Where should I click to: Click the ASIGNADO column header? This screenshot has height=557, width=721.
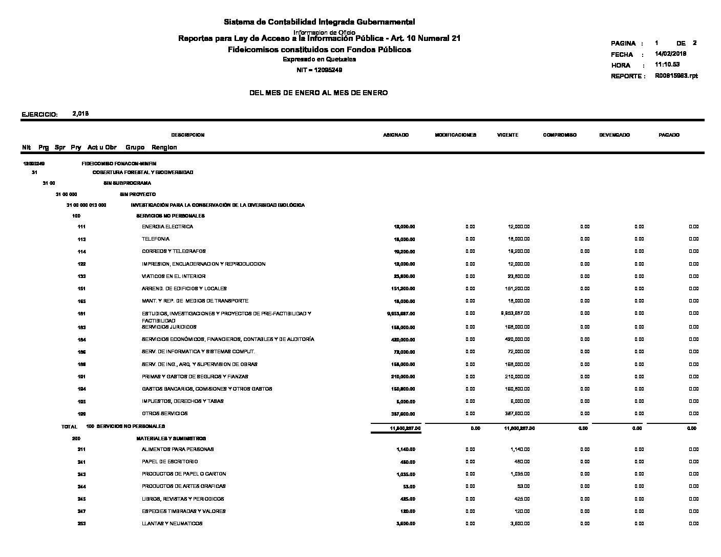tap(396, 135)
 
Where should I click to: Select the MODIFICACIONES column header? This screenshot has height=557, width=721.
tap(455, 135)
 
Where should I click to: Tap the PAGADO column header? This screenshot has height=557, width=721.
tap(669, 135)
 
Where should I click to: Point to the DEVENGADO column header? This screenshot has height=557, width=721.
tap(614, 135)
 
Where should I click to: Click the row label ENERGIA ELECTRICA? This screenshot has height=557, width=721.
tap(167, 227)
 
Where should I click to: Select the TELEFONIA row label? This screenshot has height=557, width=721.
tap(156, 239)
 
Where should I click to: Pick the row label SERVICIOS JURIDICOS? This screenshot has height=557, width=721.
tap(169, 327)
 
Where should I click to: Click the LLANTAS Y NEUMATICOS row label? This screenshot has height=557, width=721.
tap(172, 524)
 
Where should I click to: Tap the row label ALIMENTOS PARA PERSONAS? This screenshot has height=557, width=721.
tap(178, 449)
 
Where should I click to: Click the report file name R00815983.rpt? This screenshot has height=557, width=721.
tap(676, 76)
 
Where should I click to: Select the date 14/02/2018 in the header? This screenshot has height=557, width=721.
tap(670, 54)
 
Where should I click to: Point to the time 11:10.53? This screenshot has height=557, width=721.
tap(667, 65)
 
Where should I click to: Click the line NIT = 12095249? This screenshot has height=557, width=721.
tap(319, 70)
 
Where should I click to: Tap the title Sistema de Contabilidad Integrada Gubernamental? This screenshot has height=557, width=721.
tap(319, 22)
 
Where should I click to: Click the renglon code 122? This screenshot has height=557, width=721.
tap(81, 264)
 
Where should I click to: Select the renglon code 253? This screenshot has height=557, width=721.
tap(81, 524)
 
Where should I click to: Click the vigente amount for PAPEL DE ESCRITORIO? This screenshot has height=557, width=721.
tap(521, 462)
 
